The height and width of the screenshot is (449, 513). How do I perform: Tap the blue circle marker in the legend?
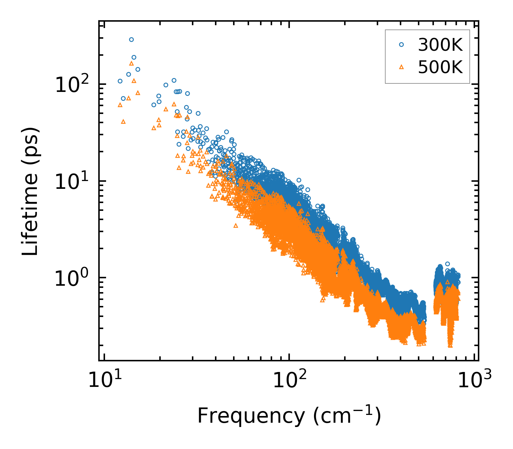(401, 45)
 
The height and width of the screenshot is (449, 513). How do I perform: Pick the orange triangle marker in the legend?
(401, 67)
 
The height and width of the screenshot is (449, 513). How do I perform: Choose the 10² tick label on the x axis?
(289, 380)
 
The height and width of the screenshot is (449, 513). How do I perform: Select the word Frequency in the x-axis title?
(250, 416)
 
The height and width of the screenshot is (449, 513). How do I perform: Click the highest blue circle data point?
(131, 39)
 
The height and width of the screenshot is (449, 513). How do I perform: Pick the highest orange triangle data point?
(131, 63)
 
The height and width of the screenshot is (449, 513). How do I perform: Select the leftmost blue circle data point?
(120, 81)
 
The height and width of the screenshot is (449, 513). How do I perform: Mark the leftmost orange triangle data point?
(120, 105)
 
